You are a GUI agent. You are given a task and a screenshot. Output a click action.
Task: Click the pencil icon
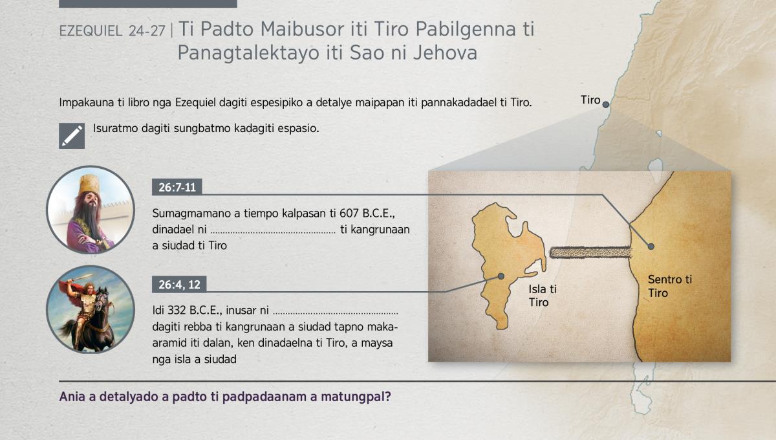coord(72,136)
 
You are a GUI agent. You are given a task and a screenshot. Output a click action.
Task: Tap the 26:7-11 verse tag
coord(177,187)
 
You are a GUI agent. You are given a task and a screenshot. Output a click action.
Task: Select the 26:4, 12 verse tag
coord(179,285)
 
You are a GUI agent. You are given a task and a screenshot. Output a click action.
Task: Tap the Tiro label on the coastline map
coord(590,100)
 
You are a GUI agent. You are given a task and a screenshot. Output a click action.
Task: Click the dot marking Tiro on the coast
coord(605,104)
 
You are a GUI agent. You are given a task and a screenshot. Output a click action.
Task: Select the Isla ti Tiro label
coord(543,296)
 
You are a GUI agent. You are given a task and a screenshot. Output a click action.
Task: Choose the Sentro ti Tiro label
coord(670,286)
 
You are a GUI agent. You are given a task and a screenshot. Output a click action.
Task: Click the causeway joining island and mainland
coord(590,252)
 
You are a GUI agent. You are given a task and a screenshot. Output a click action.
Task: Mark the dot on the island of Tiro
coord(501,276)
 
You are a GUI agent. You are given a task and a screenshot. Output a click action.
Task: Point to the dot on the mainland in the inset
coord(651,247)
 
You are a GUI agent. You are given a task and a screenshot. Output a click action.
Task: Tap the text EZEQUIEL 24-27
coord(113,31)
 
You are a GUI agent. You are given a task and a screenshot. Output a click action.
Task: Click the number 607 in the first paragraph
coord(349,213)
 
